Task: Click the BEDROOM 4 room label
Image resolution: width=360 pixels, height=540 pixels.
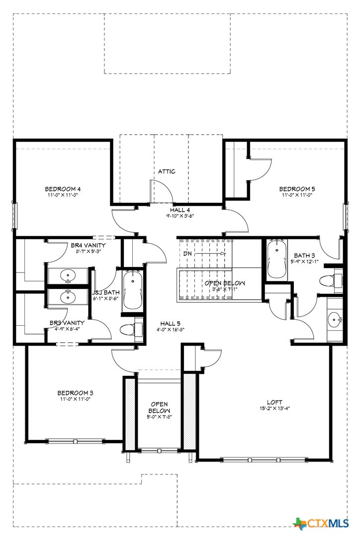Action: pos(63,188)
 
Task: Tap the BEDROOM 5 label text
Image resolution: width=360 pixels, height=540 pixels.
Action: pos(297,188)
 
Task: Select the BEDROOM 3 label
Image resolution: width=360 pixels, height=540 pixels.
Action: pos(75,393)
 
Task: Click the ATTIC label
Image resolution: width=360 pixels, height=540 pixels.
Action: pos(167,172)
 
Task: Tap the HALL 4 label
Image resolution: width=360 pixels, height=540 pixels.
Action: pos(180,210)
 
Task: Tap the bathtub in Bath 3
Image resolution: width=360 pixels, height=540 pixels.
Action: pos(276,260)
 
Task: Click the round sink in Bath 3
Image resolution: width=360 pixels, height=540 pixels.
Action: pos(335,318)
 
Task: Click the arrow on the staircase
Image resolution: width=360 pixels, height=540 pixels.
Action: pos(211,254)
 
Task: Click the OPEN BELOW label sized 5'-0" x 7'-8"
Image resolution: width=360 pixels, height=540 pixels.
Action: pos(160,410)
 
